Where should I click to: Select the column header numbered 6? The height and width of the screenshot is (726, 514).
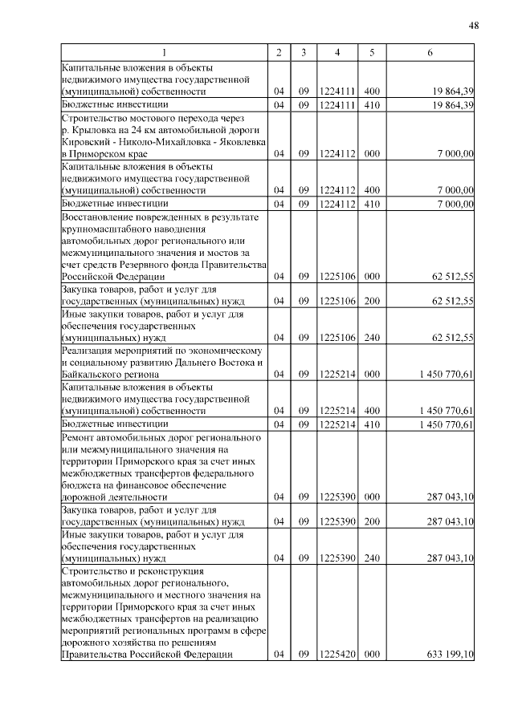tap(430, 53)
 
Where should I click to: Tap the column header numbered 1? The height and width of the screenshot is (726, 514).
tap(165, 53)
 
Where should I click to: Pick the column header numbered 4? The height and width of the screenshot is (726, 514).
tap(337, 53)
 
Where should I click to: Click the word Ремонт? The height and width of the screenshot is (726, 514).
tap(80, 439)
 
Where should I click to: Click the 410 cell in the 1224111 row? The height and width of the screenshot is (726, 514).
tap(372, 105)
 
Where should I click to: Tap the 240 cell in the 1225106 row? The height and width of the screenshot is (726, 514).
tap(372, 338)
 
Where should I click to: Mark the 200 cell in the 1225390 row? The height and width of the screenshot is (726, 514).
tap(372, 522)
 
